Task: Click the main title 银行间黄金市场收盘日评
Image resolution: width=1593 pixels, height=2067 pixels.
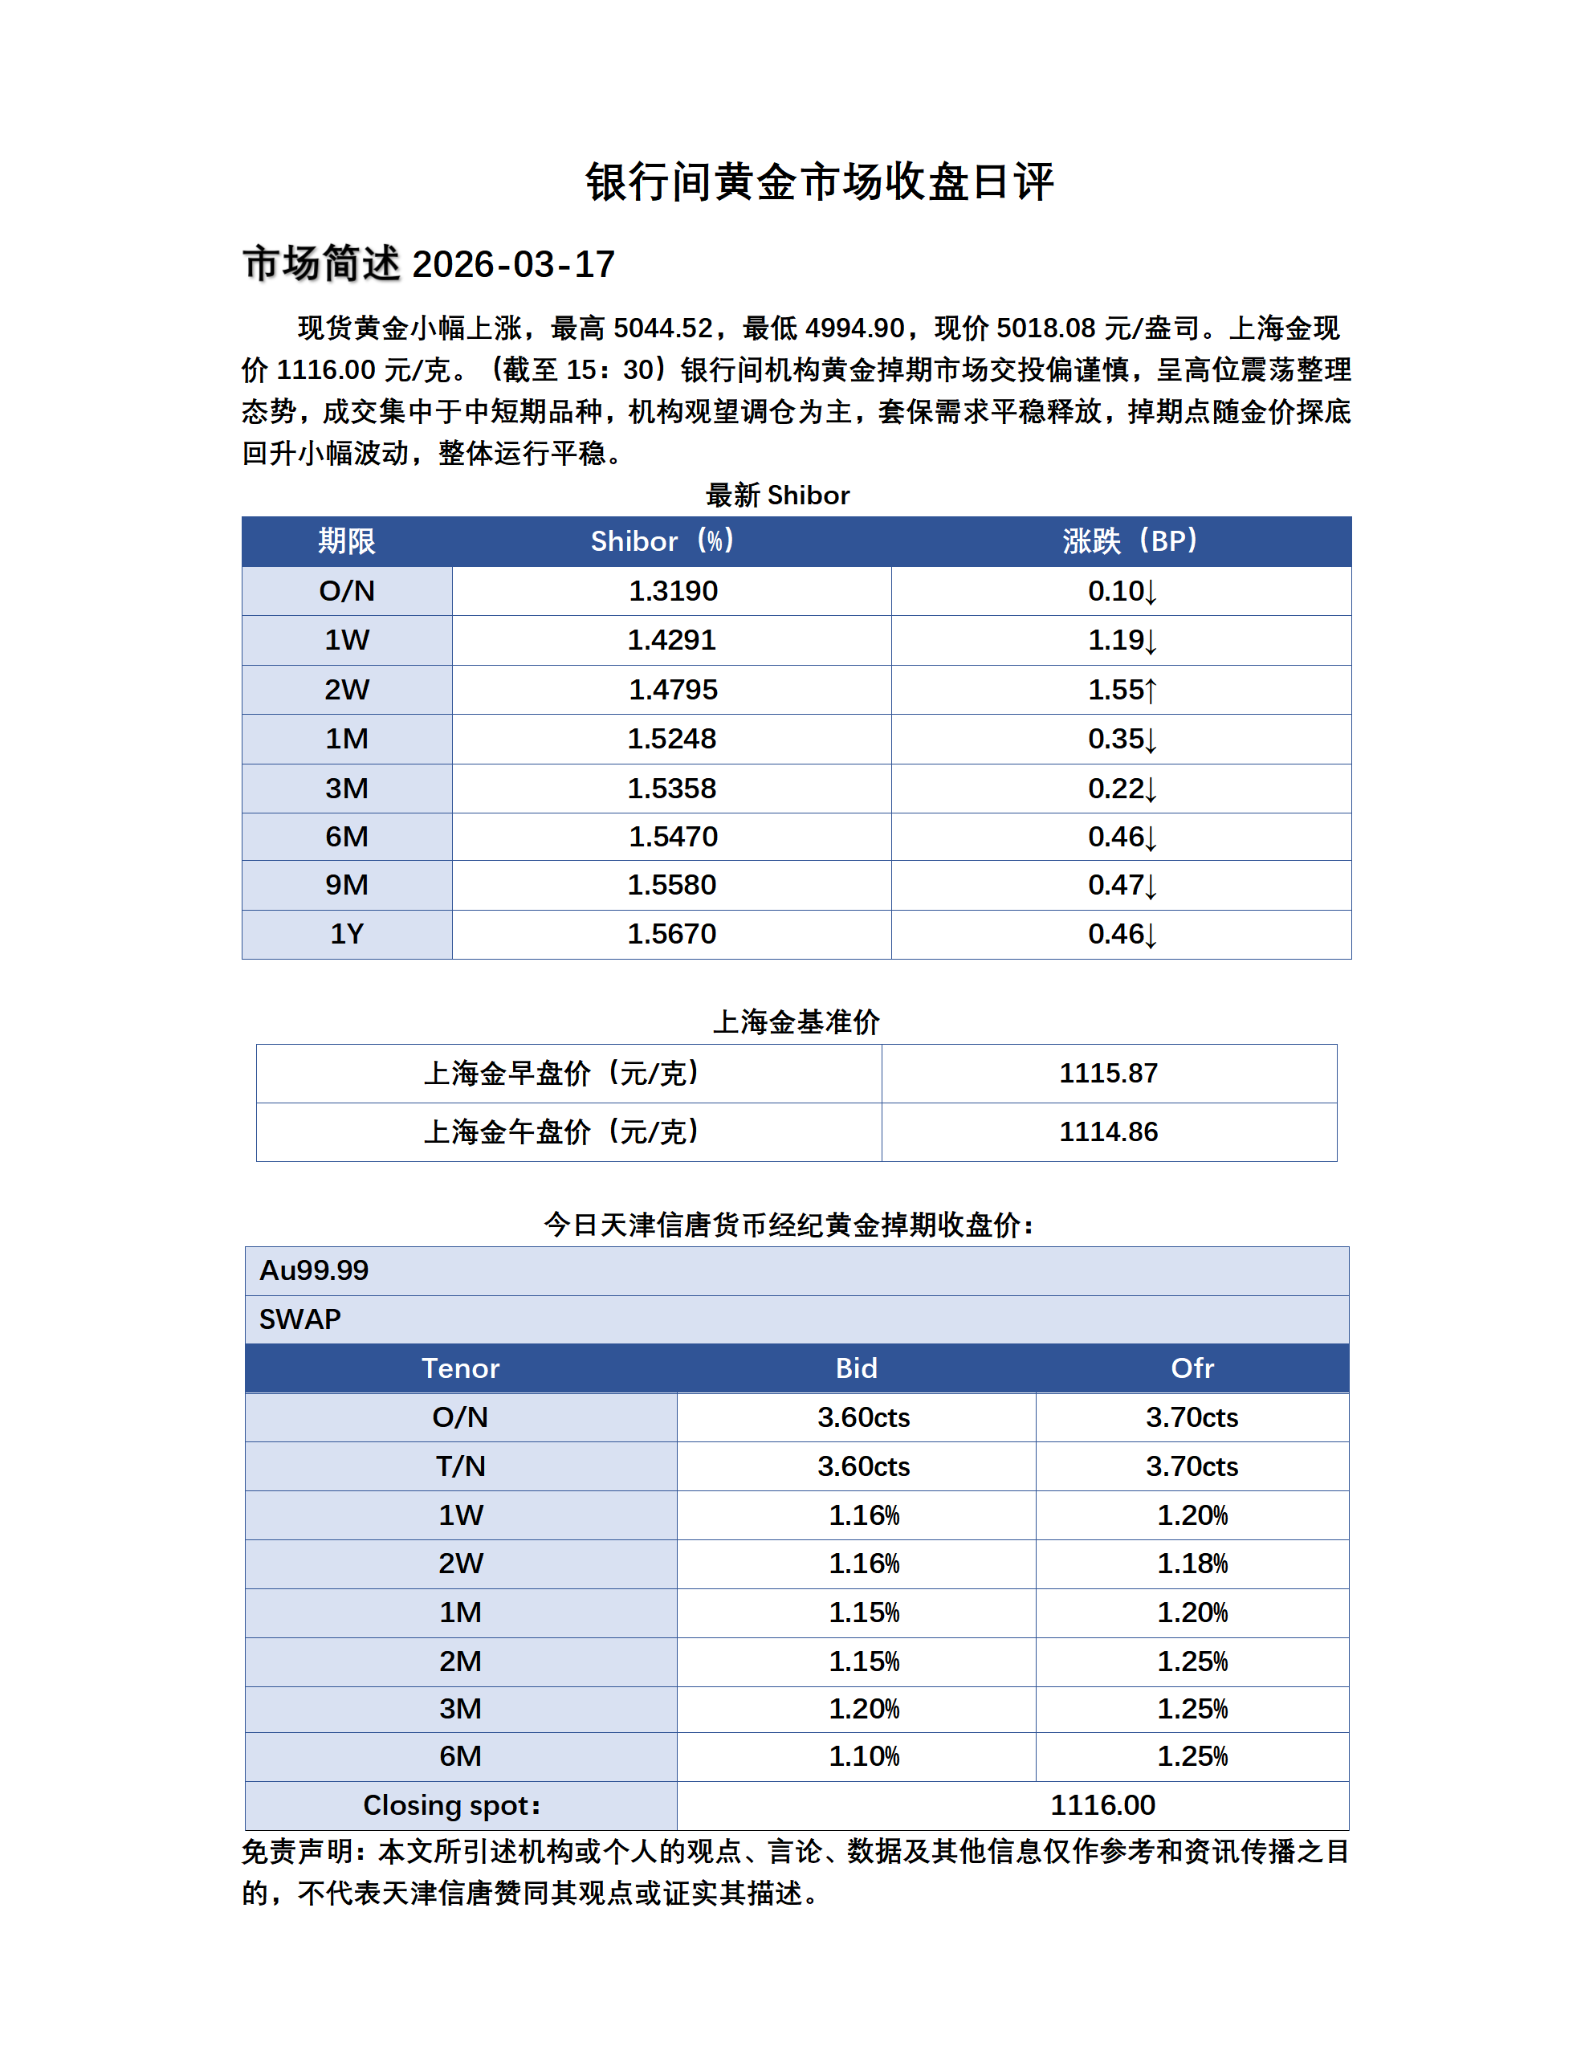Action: (819, 181)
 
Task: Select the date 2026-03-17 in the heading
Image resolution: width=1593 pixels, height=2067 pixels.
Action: (514, 265)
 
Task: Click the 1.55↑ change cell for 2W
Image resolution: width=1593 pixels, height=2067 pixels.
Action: (1122, 690)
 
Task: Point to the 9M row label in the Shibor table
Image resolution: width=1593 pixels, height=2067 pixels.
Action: (346, 885)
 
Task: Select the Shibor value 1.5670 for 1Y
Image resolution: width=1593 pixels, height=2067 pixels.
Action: (672, 934)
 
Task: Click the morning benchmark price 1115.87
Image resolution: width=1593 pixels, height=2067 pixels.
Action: (1107, 1073)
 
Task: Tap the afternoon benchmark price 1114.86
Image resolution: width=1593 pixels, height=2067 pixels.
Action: (1107, 1132)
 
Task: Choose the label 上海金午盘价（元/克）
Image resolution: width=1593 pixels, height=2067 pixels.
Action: (562, 1132)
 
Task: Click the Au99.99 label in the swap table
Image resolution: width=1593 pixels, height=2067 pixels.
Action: (314, 1270)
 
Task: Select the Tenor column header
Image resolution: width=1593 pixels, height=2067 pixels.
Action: (460, 1368)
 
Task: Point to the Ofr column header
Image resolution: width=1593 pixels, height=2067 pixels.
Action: (1192, 1368)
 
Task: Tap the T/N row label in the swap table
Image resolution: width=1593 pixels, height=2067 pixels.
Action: (460, 1466)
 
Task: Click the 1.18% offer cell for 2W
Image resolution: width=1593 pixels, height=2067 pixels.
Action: (1192, 1563)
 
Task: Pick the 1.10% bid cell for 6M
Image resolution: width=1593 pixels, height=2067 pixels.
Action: (864, 1756)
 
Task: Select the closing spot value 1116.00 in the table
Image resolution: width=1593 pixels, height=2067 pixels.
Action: (1102, 1806)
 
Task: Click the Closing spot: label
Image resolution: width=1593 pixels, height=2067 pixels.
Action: (451, 1806)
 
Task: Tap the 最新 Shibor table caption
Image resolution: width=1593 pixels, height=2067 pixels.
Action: (777, 495)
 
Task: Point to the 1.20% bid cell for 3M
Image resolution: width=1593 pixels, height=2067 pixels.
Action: (864, 1709)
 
